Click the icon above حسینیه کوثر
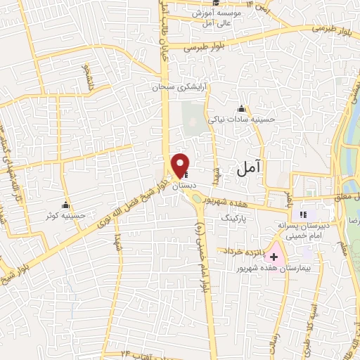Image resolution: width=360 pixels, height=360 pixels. pyautogui.click(x=66, y=205)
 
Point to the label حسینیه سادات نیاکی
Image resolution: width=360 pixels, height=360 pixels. pyautogui.click(x=262, y=120)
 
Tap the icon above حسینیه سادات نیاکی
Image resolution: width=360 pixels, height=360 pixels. pyautogui.click(x=241, y=109)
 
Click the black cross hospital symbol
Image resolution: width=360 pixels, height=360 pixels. pyautogui.click(x=274, y=257)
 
